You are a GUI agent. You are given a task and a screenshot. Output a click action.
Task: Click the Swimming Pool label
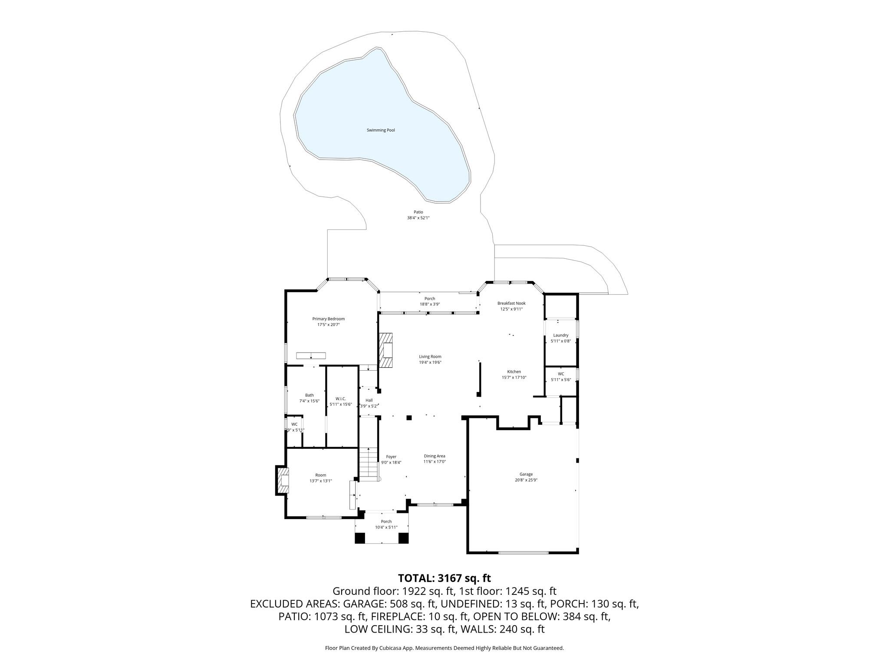pos(381,130)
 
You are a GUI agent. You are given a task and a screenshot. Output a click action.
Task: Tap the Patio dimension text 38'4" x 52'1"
pos(418,218)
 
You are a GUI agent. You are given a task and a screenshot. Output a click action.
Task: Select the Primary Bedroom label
pos(328,319)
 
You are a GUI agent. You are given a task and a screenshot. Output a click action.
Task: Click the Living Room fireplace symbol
pos(385,350)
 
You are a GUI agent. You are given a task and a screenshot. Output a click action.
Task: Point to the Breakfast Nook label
pos(511,303)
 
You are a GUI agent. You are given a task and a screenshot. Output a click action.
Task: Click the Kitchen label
pos(514,372)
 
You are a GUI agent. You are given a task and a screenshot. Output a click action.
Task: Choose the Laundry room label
pos(560,335)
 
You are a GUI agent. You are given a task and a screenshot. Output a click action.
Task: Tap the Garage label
pos(526,474)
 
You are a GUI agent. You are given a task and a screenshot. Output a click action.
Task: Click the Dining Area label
pos(435,456)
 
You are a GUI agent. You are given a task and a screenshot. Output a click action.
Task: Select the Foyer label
pos(391,457)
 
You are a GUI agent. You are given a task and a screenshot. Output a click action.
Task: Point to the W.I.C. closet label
pos(340,398)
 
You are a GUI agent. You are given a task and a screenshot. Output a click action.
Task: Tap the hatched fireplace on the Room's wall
pos(283,480)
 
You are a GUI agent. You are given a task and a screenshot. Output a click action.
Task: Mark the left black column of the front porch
pos(360,538)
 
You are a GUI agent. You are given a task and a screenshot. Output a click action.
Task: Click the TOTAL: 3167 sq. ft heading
pos(444,578)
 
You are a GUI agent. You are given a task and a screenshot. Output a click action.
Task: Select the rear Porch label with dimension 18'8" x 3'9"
pos(429,298)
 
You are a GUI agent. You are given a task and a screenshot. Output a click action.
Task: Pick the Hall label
pos(369,400)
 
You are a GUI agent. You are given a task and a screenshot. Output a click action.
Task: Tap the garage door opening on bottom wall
pos(523,552)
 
